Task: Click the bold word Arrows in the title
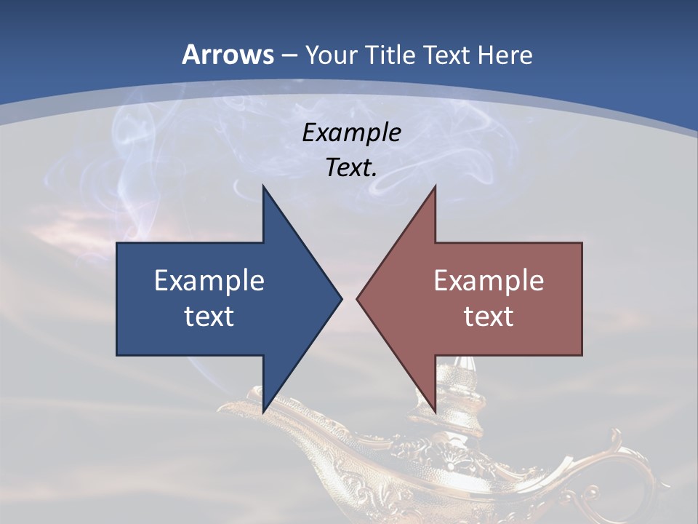(228, 55)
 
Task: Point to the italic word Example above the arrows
(352, 132)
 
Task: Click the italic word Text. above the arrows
(352, 168)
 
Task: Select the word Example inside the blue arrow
(209, 280)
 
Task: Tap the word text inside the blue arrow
(209, 316)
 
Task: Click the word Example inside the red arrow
(489, 280)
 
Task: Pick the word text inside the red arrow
(489, 316)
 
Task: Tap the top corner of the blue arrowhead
(263, 186)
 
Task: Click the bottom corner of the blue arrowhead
(263, 411)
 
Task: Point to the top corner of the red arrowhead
(435, 186)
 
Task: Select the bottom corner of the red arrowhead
(435, 411)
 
